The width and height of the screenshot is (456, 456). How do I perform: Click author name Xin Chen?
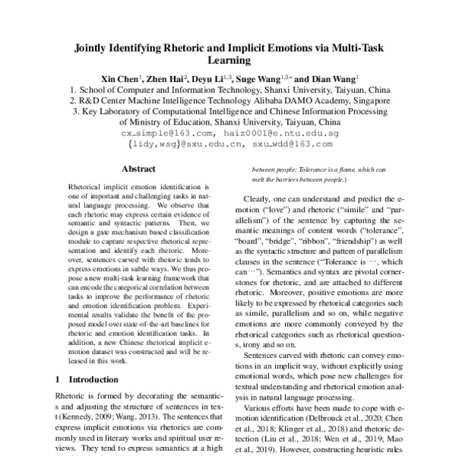pyautogui.click(x=118, y=78)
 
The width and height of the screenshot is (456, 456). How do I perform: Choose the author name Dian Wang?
pyautogui.click(x=332, y=78)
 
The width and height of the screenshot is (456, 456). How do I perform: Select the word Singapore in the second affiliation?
pyautogui.click(x=366, y=100)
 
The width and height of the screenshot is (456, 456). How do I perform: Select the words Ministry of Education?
pyautogui.click(x=166, y=121)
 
